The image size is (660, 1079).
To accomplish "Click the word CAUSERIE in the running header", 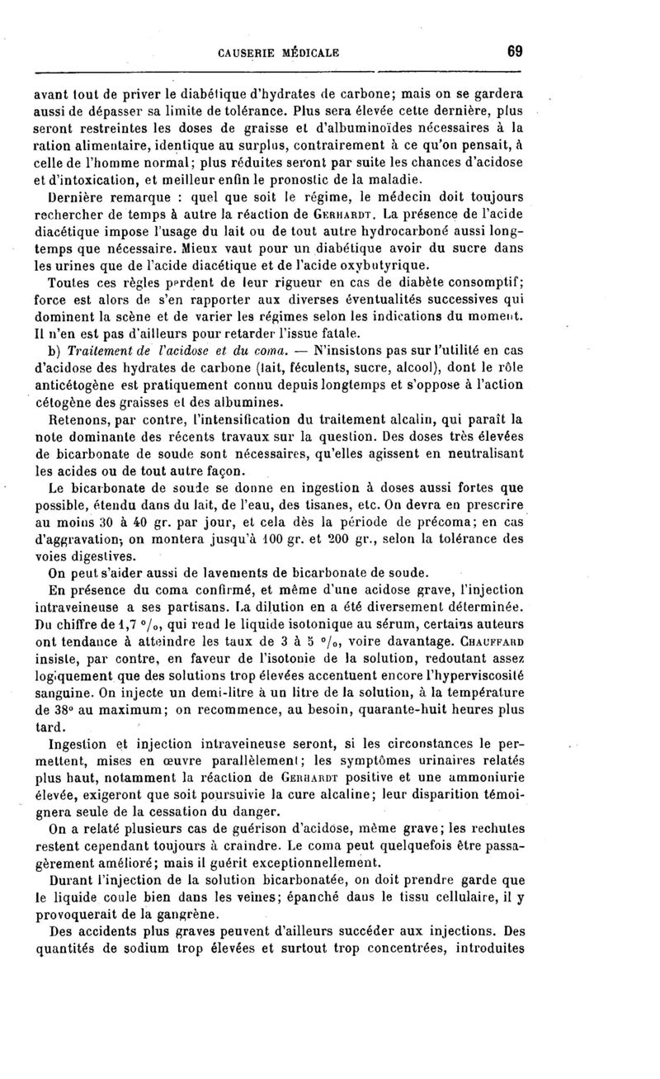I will tap(251, 54).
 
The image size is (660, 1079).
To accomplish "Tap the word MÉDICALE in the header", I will tap(311, 54).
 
